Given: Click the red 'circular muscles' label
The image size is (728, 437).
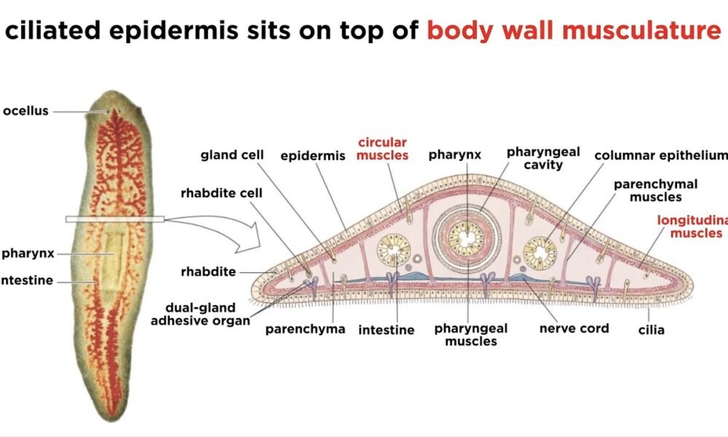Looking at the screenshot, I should click(382, 148).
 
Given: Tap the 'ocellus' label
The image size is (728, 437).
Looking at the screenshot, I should click(25, 111).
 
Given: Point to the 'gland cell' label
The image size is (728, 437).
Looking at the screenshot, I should click(229, 154).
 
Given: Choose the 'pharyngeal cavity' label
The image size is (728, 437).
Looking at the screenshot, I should click(543, 158).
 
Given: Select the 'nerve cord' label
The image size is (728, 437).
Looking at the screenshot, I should click(574, 328).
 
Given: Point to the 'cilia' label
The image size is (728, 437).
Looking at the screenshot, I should click(651, 330).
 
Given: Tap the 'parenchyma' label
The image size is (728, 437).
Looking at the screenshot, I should click(304, 328).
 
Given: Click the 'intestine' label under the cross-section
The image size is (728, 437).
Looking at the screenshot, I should click(386, 330).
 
